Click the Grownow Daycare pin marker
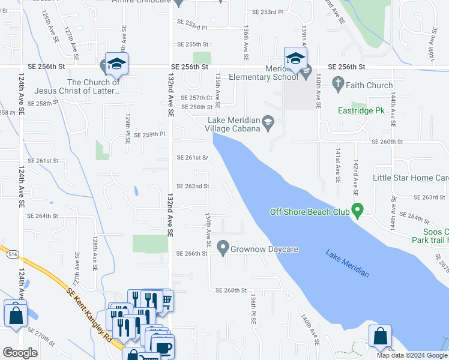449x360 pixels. (x=223, y=247)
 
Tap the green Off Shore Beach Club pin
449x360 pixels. (x=358, y=211)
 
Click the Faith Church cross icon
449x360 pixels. (x=337, y=85)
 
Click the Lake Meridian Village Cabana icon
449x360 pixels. (x=268, y=122)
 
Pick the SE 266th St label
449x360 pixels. (x=191, y=253)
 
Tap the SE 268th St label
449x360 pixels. (x=231, y=290)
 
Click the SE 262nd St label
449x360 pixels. (x=193, y=186)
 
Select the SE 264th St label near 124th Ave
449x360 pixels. (x=42, y=215)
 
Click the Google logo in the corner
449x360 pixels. (x=20, y=353)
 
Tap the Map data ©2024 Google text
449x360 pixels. (x=412, y=355)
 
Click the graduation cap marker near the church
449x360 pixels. (x=116, y=64)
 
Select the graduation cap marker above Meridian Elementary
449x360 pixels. (x=295, y=58)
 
